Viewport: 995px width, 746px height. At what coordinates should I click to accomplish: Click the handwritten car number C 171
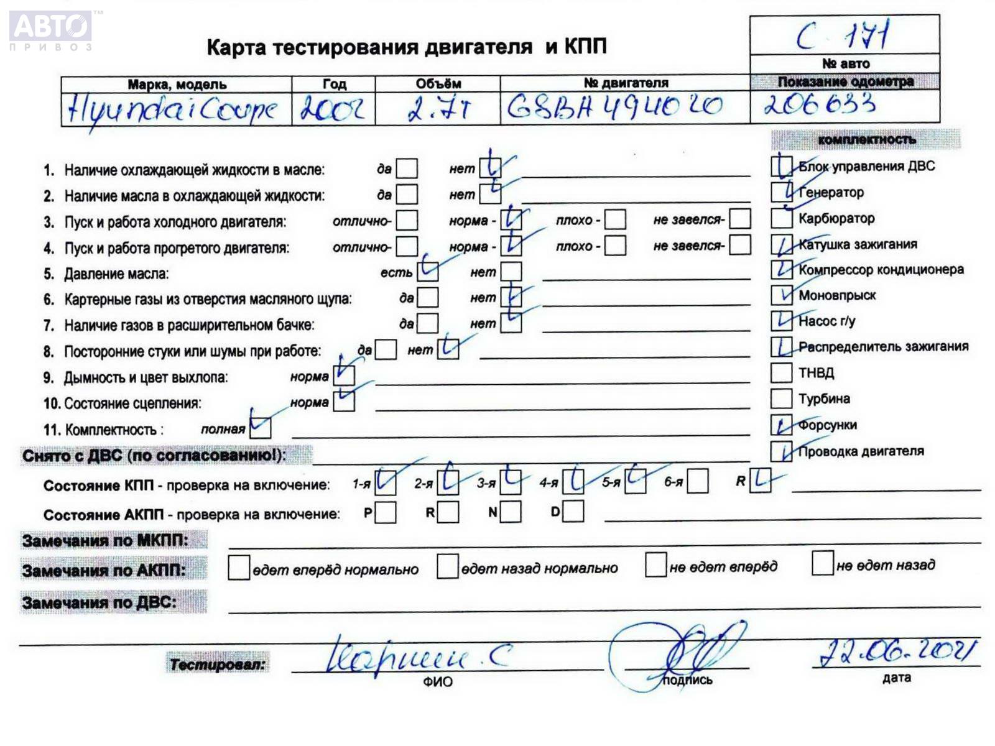(x=844, y=36)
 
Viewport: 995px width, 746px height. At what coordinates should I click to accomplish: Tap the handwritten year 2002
(x=333, y=109)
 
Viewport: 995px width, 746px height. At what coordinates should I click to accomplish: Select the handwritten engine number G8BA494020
(x=614, y=107)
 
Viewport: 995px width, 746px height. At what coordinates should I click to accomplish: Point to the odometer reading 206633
(x=820, y=104)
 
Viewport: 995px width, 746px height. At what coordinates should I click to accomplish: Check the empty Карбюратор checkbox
(x=780, y=218)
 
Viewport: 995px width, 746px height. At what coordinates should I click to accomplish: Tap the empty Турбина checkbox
(x=780, y=398)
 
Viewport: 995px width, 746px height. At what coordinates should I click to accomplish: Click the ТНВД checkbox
(x=780, y=372)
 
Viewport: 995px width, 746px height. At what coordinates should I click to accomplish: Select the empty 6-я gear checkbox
(x=698, y=481)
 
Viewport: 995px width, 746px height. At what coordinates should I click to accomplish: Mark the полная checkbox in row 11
(x=261, y=428)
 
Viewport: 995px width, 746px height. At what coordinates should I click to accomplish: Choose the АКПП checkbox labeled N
(x=511, y=512)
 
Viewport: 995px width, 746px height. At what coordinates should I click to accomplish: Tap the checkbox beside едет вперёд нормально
(x=239, y=568)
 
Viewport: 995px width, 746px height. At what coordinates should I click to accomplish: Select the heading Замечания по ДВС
(x=99, y=602)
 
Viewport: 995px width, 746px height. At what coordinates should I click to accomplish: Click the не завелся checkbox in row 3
(x=739, y=219)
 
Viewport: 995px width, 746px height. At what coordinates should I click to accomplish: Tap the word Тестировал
(x=217, y=665)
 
